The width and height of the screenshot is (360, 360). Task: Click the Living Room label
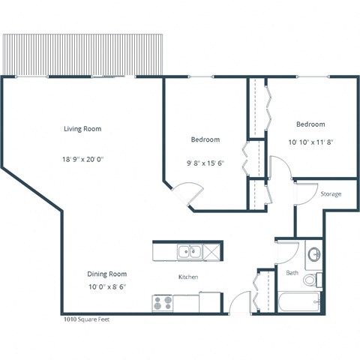coord(82,129)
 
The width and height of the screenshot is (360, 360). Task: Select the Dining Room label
coord(107,274)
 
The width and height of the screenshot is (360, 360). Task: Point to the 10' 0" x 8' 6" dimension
coord(107,286)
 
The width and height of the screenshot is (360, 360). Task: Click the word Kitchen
coord(187,277)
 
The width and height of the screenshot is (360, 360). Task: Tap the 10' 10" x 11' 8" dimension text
coord(310,142)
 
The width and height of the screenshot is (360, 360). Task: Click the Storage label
coord(331,194)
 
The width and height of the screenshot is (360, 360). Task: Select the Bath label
coord(292,271)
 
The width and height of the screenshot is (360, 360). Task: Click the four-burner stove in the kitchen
coord(163,303)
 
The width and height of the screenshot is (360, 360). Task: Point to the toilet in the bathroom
coord(311,281)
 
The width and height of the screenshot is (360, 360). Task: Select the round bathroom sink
coord(313,252)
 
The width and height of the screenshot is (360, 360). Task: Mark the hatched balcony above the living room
coord(82,54)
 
